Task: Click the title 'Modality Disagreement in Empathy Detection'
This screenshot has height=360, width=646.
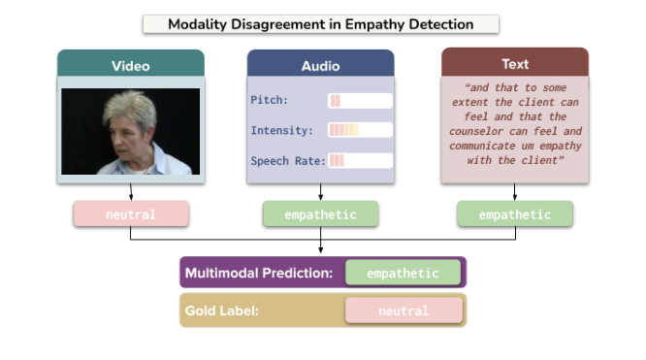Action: pyautogui.click(x=320, y=23)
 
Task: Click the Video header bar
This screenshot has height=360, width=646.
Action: pyautogui.click(x=130, y=65)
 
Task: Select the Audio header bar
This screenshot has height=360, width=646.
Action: pyautogui.click(x=320, y=65)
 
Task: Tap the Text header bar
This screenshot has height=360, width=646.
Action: pyautogui.click(x=514, y=64)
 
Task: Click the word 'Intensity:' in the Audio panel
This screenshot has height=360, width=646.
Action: pyautogui.click(x=281, y=130)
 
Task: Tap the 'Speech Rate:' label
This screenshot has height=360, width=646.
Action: pyautogui.click(x=287, y=160)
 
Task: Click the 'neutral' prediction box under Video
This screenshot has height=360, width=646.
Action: pyautogui.click(x=130, y=214)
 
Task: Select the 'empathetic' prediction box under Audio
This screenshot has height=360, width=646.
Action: pyautogui.click(x=320, y=214)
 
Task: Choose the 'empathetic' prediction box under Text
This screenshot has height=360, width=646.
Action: pyautogui.click(x=514, y=214)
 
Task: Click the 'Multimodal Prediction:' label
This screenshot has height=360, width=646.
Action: pyautogui.click(x=259, y=274)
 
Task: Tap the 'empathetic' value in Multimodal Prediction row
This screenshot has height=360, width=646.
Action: pyautogui.click(x=403, y=274)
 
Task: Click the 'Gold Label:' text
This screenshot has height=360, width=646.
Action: pyautogui.click(x=224, y=311)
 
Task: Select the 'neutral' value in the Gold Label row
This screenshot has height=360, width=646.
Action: pyautogui.click(x=403, y=311)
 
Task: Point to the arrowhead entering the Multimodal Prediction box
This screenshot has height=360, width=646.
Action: pyautogui.click(x=321, y=253)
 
